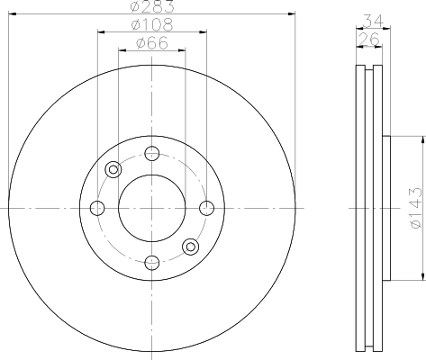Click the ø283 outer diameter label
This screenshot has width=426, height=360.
coord(151,7)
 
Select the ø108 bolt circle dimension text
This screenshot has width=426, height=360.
coord(151,26)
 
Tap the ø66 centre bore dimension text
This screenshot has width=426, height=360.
coord(151,43)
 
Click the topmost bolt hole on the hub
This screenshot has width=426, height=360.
coord(152,153)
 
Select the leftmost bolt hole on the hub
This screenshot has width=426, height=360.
coord(97,209)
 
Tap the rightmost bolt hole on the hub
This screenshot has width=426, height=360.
coord(206,209)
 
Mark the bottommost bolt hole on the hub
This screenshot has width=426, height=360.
coord(152,263)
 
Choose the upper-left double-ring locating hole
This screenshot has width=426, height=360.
coord(113,169)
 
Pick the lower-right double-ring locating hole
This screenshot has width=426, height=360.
coord(191,247)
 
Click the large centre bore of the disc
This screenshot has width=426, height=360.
coord(152,208)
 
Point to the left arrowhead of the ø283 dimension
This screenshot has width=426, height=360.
coord(11,13)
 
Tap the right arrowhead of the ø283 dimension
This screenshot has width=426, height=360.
coord(292,13)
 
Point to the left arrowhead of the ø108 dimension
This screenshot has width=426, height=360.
coord(100,32)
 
